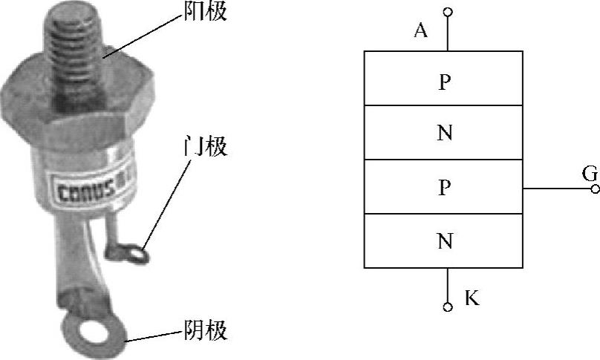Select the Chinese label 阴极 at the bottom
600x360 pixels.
[x=204, y=330]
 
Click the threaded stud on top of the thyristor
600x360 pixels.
[x=74, y=41]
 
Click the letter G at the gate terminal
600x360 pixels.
[x=590, y=174]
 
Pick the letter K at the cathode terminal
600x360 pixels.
[x=472, y=298]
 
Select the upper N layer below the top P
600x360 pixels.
[x=443, y=133]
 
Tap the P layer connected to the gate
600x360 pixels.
[x=443, y=187]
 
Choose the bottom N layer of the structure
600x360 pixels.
[x=443, y=240]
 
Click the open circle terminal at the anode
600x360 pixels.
[x=447, y=12]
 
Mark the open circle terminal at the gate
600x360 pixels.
[x=595, y=189]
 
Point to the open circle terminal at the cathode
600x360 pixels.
[x=447, y=307]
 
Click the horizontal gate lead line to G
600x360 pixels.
[x=557, y=189]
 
